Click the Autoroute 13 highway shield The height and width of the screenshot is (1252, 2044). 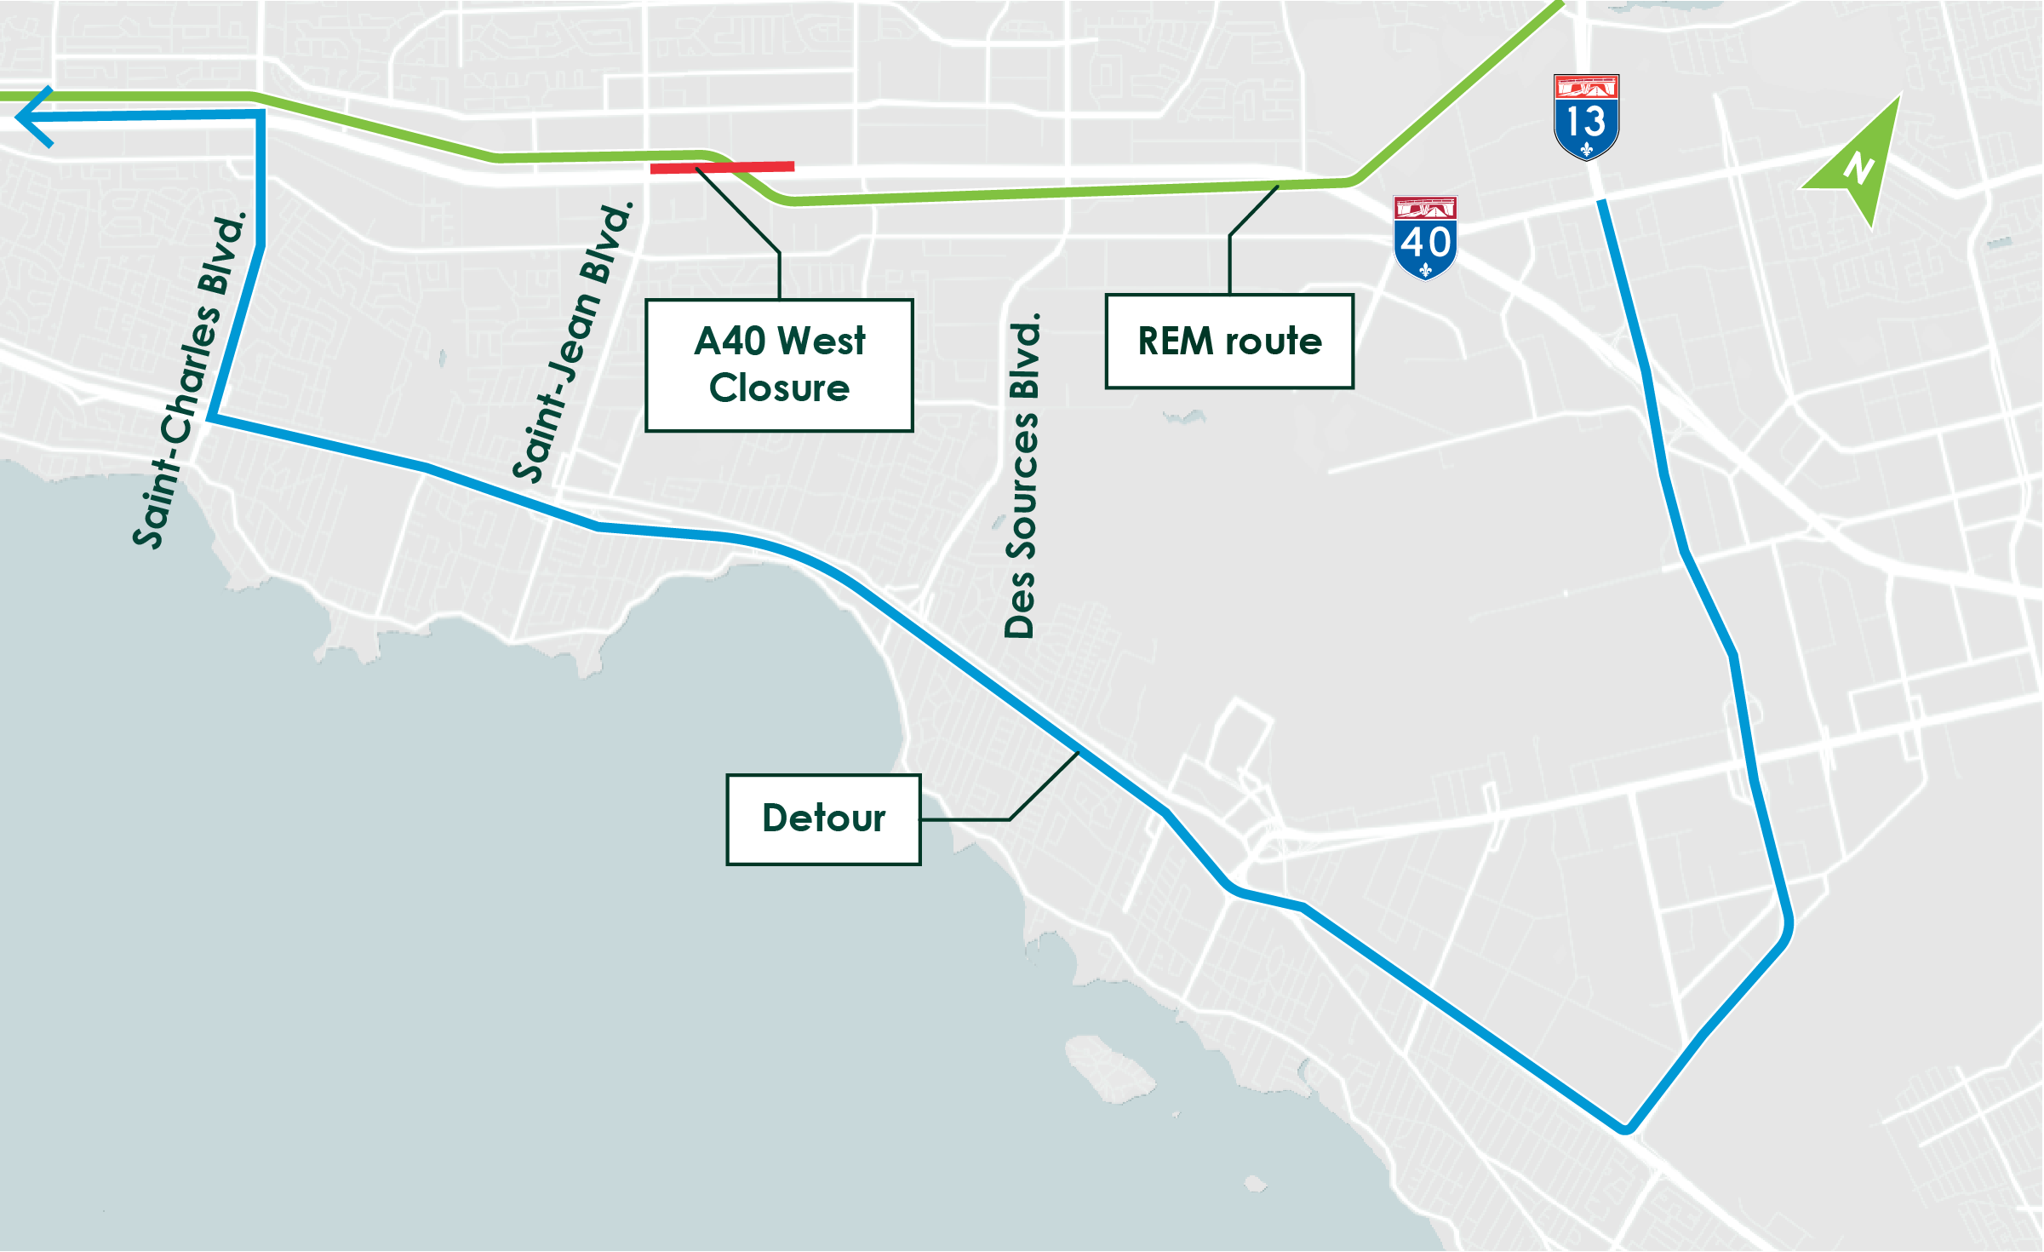(1585, 117)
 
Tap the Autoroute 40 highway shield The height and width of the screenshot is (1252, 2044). (1425, 238)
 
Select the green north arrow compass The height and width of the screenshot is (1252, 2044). (1861, 162)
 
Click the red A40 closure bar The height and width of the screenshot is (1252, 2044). (722, 168)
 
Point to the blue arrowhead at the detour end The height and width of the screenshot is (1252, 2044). (32, 117)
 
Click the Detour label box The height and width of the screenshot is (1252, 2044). (823, 819)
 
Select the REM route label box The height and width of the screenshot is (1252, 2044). (1229, 342)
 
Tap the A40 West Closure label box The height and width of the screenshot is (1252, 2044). (779, 365)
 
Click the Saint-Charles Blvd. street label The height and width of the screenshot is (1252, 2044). (189, 381)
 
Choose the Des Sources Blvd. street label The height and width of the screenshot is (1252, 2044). (1022, 476)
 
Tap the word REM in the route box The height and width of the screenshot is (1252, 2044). (1175, 342)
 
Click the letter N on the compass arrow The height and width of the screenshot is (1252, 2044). (1859, 167)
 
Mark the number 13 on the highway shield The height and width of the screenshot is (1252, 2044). (1585, 121)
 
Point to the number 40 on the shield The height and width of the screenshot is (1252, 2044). (1425, 243)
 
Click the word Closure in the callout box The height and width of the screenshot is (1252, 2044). (779, 388)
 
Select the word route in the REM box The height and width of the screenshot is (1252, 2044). (1274, 342)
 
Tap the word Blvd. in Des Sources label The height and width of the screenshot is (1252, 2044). (1024, 356)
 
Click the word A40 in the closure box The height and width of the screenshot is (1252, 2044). (730, 342)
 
